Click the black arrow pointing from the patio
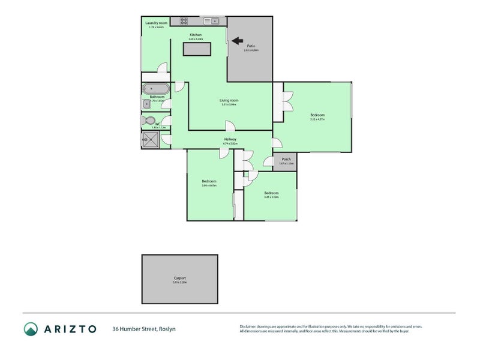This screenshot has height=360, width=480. [x=237, y=41]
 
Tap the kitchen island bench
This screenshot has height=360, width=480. [x=197, y=49]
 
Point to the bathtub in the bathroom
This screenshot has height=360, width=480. [x=155, y=89]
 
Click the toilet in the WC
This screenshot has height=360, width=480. [x=149, y=121]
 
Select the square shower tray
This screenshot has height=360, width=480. [x=150, y=140]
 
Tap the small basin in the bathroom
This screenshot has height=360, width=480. [x=146, y=104]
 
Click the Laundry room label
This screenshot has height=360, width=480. [x=156, y=23]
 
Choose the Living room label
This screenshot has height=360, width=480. [x=229, y=100]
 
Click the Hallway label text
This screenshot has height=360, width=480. [x=230, y=139]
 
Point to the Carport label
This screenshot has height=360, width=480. [x=179, y=278]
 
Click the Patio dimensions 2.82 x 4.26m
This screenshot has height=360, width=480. [x=251, y=50]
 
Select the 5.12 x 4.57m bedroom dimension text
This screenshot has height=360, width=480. [x=317, y=119]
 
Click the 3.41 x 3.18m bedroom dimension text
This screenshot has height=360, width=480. [x=271, y=197]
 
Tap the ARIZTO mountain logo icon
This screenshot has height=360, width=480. [x=31, y=328]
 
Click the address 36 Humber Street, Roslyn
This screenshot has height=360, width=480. [x=143, y=329]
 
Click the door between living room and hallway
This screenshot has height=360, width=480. [x=229, y=125]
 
